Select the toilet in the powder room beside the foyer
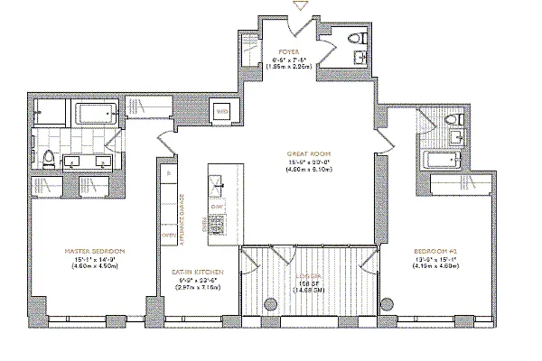coord(360,40)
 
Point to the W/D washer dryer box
coord(222,112)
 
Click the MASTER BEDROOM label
coord(94,249)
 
